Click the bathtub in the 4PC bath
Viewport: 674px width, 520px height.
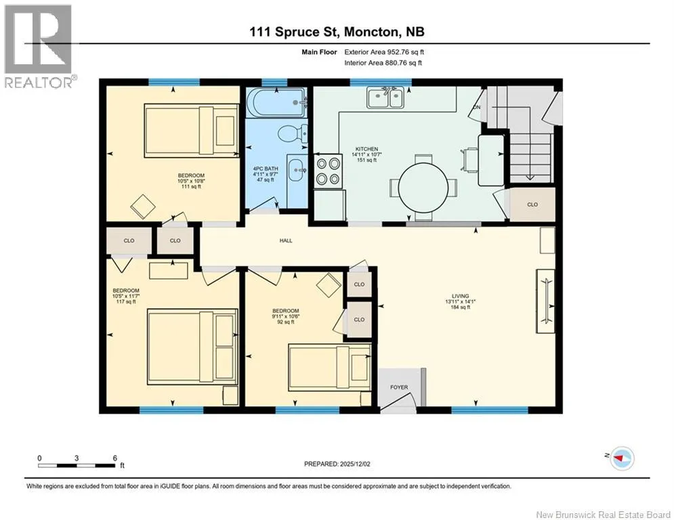[276, 103]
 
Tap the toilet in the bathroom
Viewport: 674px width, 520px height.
[293, 133]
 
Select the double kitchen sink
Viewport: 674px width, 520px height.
[385, 97]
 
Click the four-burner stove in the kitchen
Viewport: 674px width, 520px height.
[329, 172]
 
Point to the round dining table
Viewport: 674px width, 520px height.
[423, 188]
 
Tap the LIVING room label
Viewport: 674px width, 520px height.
[460, 301]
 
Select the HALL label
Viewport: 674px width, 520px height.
[286, 240]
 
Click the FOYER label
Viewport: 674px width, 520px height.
[399, 387]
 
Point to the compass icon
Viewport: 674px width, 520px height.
[622, 458]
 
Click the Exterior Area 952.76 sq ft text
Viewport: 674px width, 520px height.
[384, 52]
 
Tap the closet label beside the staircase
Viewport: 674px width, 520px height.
[532, 204]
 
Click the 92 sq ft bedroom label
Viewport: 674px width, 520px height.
[285, 316]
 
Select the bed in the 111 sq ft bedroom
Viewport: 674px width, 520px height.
[192, 130]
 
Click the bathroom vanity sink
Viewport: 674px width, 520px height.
[297, 170]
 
